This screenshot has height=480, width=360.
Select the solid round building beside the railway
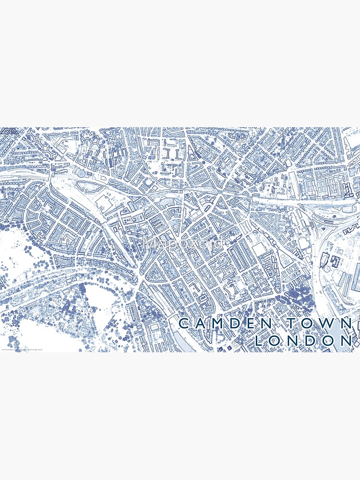[x=81, y=173]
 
